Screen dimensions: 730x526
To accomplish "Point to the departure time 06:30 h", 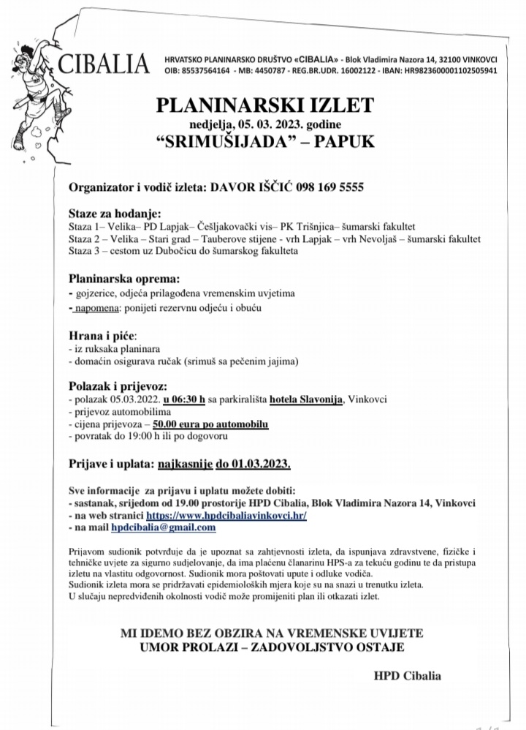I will pos(185,400).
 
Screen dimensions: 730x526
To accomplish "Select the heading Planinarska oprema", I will pos(123,279).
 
